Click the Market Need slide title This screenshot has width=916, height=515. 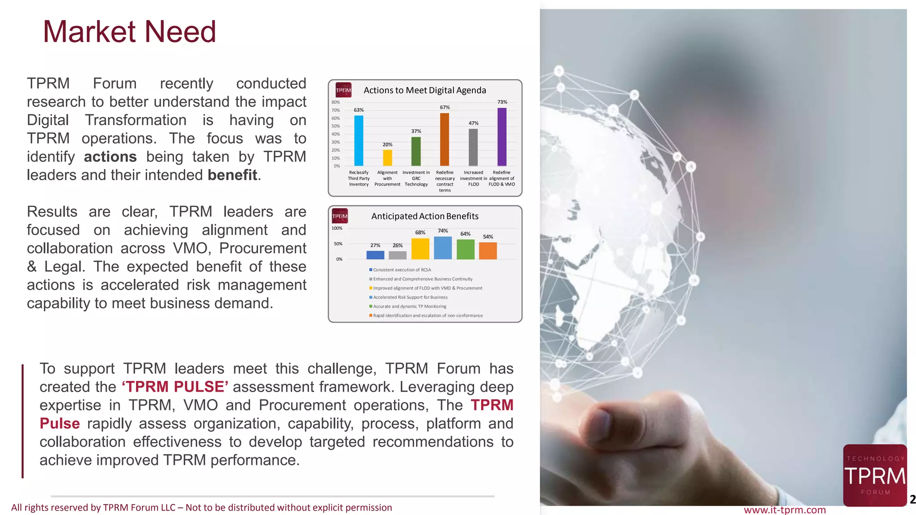(x=129, y=32)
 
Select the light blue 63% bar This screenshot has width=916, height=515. (x=359, y=141)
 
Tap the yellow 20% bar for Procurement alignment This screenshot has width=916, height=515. (x=387, y=158)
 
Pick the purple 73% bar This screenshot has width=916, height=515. (x=502, y=137)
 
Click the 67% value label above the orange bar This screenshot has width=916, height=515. (x=445, y=107)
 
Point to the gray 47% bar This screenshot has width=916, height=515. (x=473, y=148)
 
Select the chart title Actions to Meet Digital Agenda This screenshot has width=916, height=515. (x=424, y=90)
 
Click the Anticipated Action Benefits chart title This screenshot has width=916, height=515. (x=424, y=216)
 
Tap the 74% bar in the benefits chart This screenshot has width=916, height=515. (x=443, y=248)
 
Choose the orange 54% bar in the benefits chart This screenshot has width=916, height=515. (x=488, y=251)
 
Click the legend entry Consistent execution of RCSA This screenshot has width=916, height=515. (x=402, y=270)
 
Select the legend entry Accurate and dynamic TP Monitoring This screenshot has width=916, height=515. (x=409, y=307)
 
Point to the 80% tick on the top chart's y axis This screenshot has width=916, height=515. (x=335, y=102)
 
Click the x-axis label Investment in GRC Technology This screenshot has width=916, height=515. (x=416, y=178)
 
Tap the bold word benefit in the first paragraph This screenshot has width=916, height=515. (x=232, y=175)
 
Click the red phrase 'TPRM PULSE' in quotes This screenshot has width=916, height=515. (x=175, y=387)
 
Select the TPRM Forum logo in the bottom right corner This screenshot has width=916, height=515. (x=875, y=476)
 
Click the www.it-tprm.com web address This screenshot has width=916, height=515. (x=785, y=510)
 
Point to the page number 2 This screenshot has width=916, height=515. (x=912, y=499)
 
